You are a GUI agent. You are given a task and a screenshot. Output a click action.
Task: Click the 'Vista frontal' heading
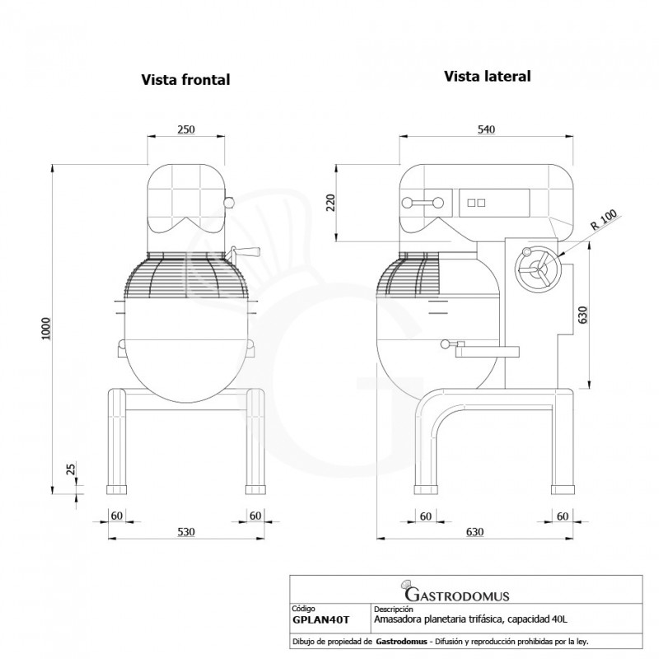(185, 79)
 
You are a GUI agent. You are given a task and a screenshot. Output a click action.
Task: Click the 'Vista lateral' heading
(488, 76)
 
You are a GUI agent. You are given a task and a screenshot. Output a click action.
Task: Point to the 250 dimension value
(186, 129)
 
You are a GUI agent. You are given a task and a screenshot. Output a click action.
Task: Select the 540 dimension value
(486, 129)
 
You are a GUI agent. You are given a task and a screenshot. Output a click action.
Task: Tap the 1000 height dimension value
(46, 329)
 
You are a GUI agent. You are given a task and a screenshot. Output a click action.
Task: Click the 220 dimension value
(331, 203)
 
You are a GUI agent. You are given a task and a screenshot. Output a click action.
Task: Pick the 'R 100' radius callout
(604, 220)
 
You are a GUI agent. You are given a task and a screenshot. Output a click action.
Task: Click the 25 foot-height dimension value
(71, 469)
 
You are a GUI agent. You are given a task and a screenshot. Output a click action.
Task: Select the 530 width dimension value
(186, 531)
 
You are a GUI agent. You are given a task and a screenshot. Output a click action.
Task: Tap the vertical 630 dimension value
(583, 315)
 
